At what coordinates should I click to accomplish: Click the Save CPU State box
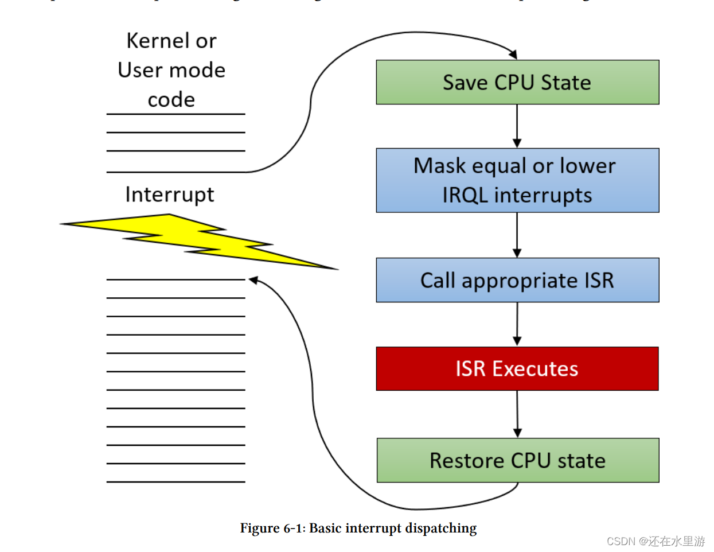(517, 82)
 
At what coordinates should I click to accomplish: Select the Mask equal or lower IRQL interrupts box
(517, 180)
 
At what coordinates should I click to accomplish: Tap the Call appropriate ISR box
(517, 280)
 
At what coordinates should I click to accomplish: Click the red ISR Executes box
(517, 368)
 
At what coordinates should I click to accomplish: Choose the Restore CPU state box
(517, 460)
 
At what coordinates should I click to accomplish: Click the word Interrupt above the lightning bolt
(169, 195)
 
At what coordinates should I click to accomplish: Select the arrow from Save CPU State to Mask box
(517, 126)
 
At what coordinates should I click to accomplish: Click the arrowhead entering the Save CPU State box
(513, 55)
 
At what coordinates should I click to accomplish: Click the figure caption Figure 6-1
(272, 528)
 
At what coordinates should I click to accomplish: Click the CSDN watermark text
(656, 541)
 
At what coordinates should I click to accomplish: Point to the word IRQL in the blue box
(465, 195)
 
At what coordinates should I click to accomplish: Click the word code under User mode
(171, 100)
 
